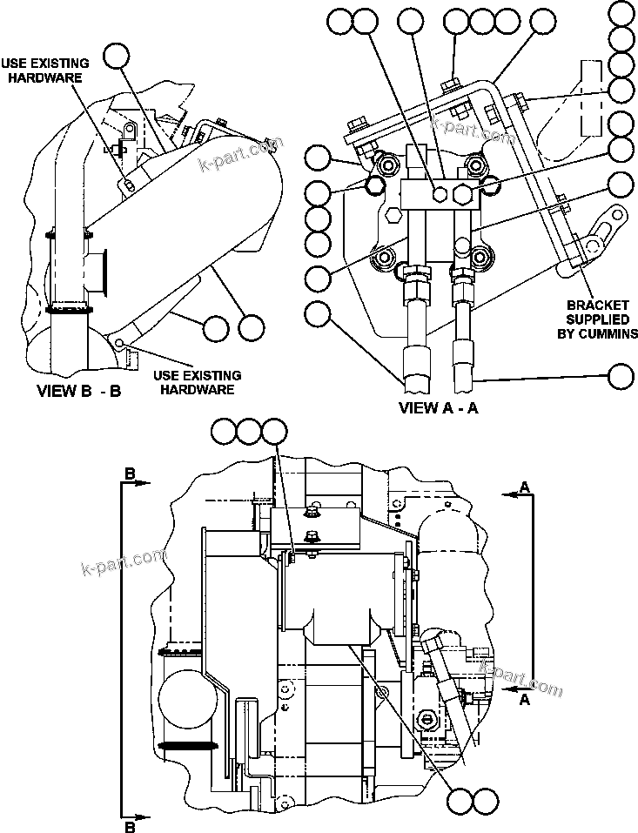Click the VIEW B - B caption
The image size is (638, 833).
click(x=78, y=391)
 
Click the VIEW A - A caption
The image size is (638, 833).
click(x=439, y=406)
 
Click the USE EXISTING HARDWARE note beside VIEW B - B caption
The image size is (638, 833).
click(x=197, y=382)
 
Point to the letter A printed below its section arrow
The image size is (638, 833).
click(x=525, y=698)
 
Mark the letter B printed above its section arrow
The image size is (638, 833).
click(x=130, y=474)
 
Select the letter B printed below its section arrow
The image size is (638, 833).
click(x=130, y=825)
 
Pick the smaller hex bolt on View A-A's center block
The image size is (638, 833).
click(x=441, y=193)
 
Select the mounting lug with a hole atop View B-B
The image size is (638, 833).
click(x=129, y=131)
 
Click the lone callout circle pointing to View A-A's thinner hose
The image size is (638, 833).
click(x=621, y=376)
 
